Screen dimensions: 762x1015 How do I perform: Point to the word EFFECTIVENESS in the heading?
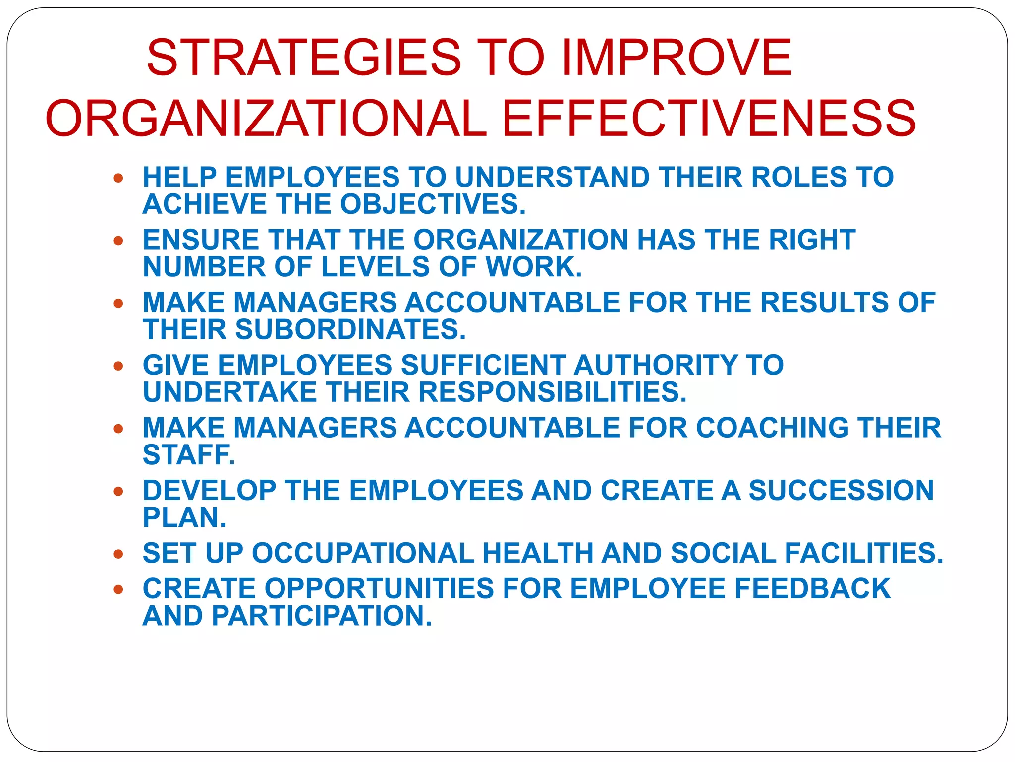point(709,119)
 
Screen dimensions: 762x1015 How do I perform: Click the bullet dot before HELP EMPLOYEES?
point(118,178)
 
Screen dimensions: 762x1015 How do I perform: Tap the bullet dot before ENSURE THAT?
point(118,241)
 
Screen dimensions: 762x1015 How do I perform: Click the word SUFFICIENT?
point(483,365)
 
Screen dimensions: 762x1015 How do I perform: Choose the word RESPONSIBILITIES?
point(552,392)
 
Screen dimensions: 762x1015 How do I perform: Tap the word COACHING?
point(773,428)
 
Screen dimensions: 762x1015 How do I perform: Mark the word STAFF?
point(188,454)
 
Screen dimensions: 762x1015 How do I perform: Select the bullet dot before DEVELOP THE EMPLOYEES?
point(118,492)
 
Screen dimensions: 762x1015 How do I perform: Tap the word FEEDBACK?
point(812,588)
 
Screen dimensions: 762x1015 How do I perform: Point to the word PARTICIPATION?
point(322,616)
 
